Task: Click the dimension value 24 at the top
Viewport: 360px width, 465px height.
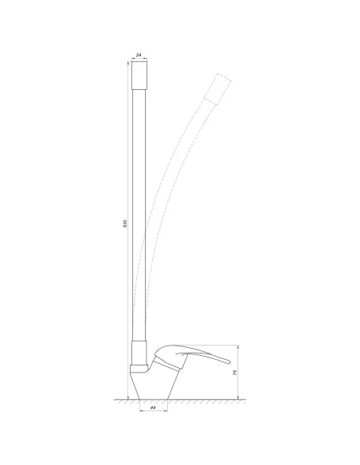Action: click(140, 53)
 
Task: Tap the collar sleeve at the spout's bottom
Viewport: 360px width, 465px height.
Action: click(139, 353)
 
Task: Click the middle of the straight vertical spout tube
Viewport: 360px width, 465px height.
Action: click(140, 215)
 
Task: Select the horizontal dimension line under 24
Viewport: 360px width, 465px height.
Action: click(140, 58)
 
